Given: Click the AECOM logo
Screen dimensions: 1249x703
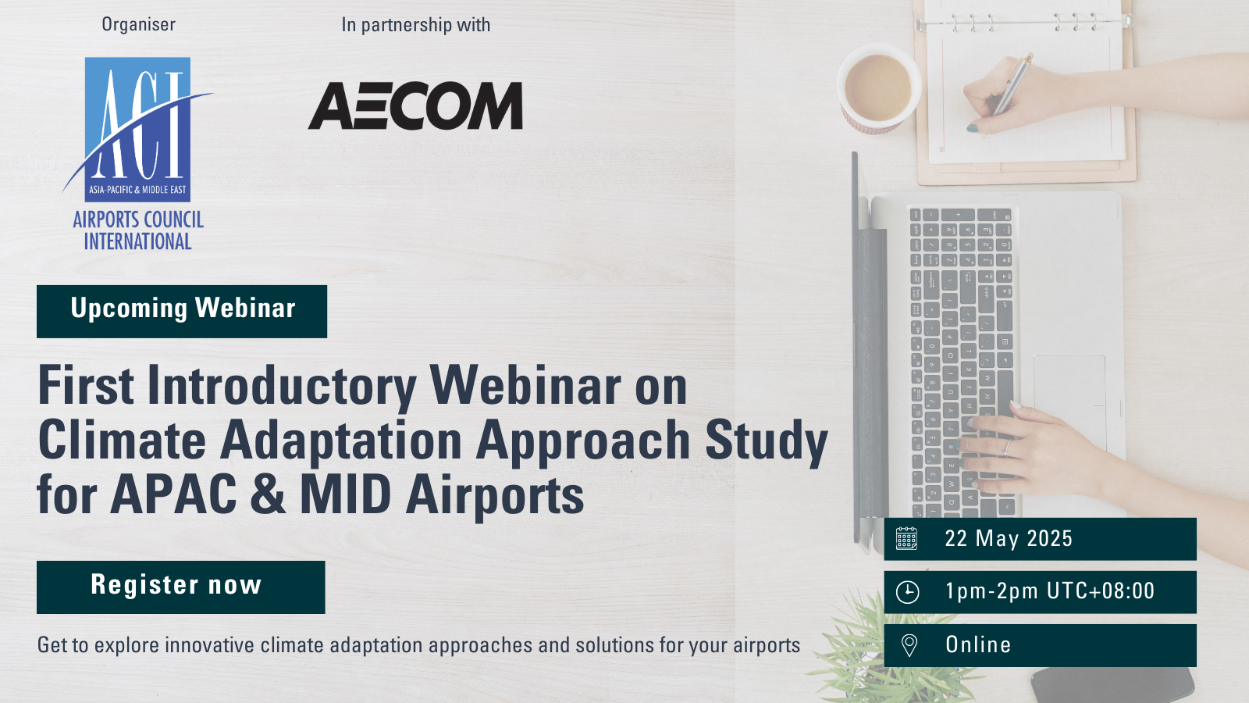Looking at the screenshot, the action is click(415, 106).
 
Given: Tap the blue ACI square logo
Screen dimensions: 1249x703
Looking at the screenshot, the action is click(137, 130).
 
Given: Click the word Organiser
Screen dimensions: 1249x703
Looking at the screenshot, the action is click(138, 24).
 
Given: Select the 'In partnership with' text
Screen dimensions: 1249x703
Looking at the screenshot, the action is click(415, 25).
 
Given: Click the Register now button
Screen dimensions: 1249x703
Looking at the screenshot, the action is click(180, 587).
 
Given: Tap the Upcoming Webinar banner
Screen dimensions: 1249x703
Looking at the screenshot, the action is click(182, 312).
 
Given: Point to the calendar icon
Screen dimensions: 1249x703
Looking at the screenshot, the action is click(906, 538).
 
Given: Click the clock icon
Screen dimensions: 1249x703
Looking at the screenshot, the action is click(907, 592).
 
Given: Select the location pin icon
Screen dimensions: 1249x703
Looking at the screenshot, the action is click(909, 645).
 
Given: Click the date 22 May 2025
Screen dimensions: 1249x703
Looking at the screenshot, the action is click(1009, 538).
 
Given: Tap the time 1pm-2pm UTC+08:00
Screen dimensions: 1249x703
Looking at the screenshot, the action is click(1049, 591).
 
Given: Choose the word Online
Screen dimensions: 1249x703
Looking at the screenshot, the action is click(978, 644).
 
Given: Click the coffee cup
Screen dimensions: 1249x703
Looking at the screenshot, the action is click(878, 89).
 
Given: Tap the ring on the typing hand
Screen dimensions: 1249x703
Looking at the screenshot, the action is click(1008, 446).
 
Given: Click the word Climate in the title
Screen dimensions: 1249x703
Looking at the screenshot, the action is click(122, 441).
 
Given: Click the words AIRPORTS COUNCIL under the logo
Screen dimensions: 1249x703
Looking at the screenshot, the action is click(138, 219).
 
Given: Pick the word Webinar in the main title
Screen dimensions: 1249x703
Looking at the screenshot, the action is click(524, 386).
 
